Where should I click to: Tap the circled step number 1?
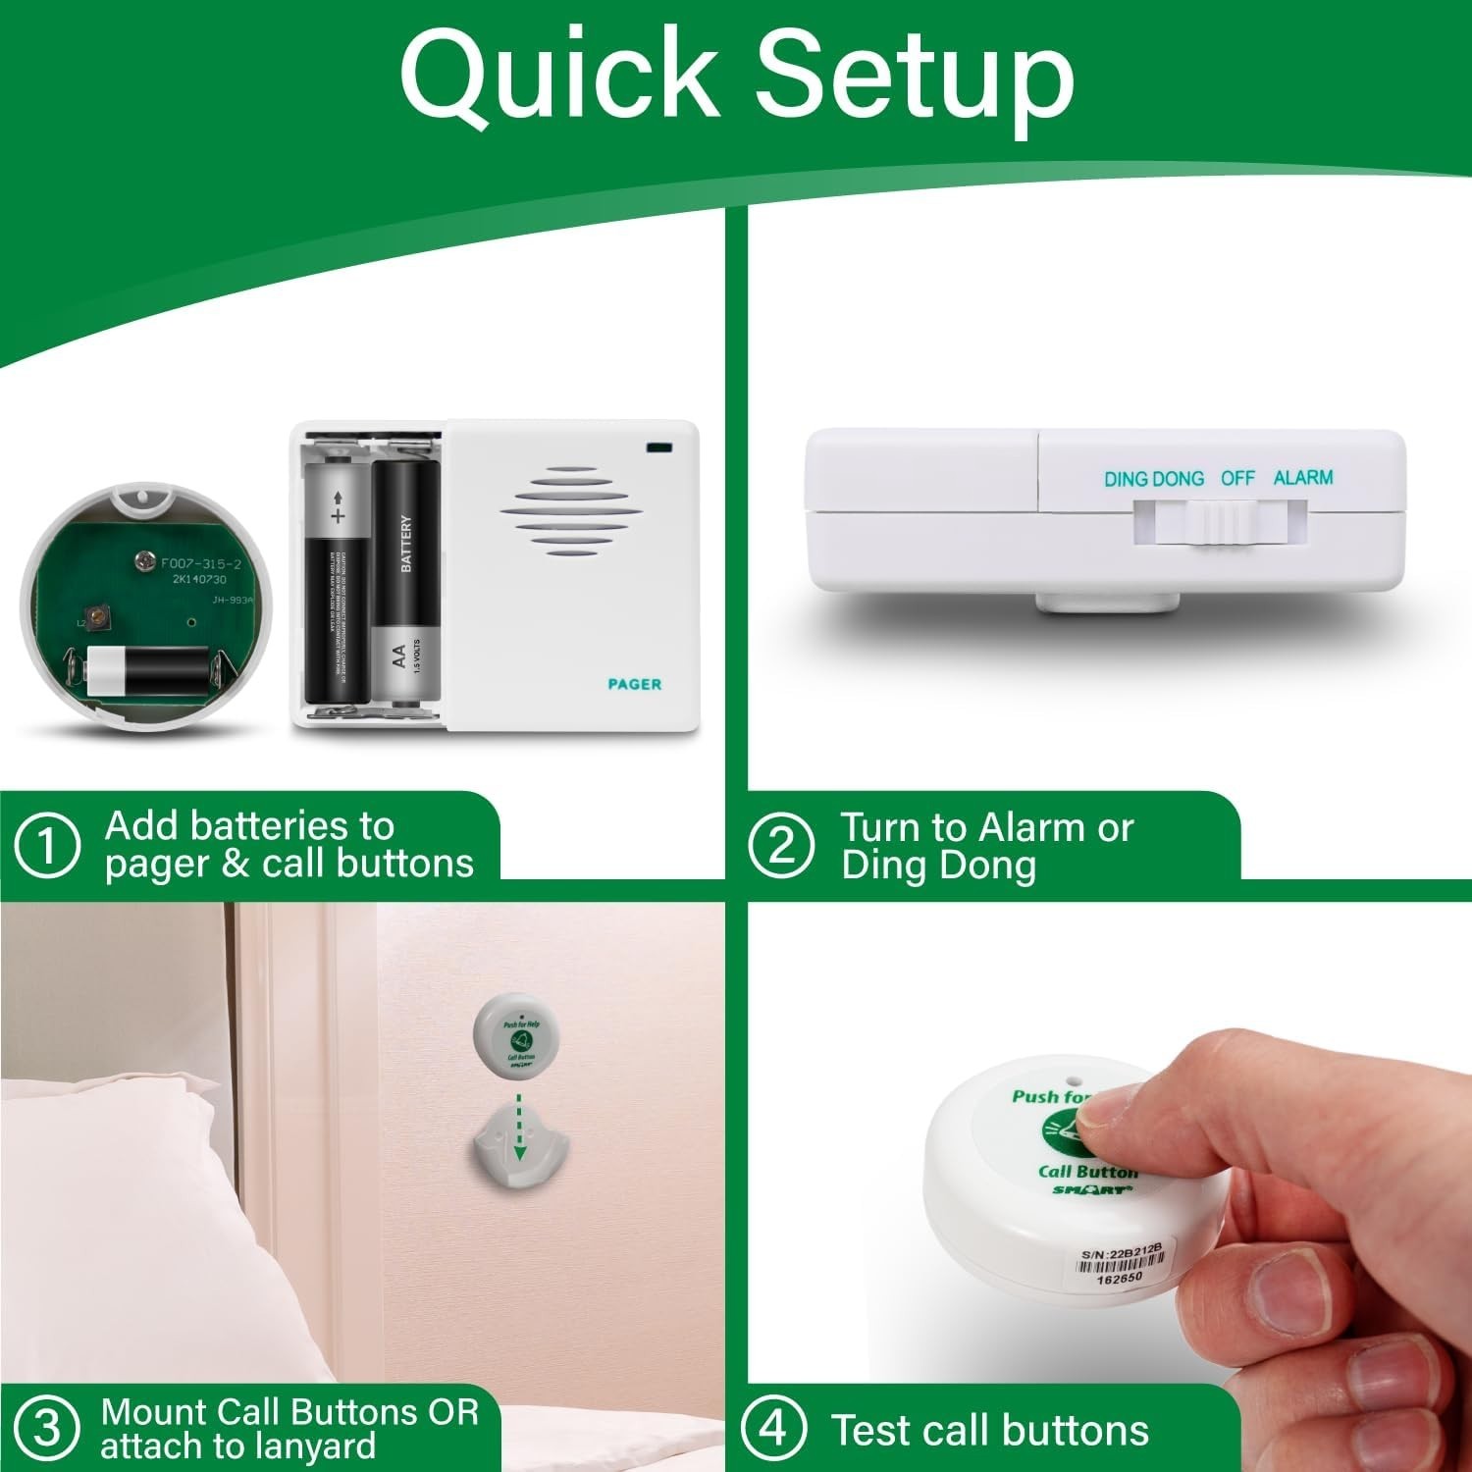tap(46, 845)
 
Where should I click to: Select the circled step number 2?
tap(780, 845)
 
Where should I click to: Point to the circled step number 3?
tap(46, 1428)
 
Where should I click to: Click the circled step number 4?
tap(773, 1428)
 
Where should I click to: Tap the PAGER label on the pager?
tap(634, 684)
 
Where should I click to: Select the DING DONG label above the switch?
tap(1153, 479)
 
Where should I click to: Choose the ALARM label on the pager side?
tap(1302, 478)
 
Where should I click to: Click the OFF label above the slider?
tap(1237, 478)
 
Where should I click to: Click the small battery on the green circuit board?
tap(147, 670)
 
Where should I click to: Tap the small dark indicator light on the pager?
tap(658, 448)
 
